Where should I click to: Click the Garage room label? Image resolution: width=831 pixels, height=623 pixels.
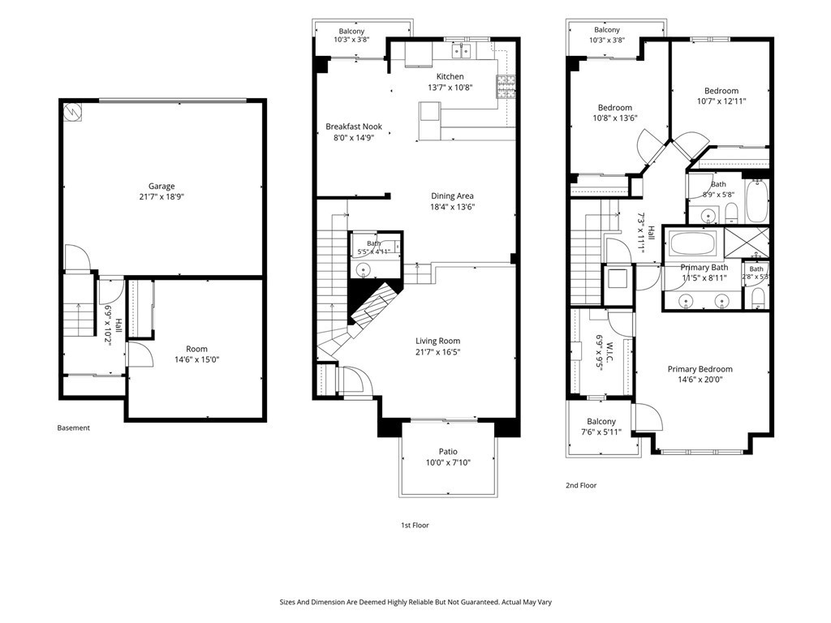[x=161, y=186]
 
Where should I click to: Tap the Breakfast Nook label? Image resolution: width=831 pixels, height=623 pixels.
[x=354, y=127]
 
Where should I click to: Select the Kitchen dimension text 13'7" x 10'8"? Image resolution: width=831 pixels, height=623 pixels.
[x=450, y=88]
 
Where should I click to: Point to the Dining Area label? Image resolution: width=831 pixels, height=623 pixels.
[x=452, y=196]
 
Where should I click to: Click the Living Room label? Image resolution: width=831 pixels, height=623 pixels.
[x=437, y=342]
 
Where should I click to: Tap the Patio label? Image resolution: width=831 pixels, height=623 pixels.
[x=448, y=452]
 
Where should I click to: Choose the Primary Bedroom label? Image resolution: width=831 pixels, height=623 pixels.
[x=700, y=369]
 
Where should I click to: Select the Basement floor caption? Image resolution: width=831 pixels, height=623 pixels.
[x=74, y=428]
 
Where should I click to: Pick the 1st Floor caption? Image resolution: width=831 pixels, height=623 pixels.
[x=415, y=526]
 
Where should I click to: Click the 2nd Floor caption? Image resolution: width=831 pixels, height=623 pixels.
[x=581, y=485]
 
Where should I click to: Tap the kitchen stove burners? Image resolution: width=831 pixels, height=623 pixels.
[x=505, y=87]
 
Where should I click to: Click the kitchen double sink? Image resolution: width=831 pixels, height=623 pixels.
[x=462, y=51]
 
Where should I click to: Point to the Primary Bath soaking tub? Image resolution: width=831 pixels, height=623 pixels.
[x=693, y=243]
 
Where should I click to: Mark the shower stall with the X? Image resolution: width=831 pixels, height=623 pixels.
[x=747, y=243]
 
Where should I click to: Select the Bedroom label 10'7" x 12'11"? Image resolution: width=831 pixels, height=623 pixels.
[x=721, y=96]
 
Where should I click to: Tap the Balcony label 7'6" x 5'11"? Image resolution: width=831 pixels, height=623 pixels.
[x=601, y=427]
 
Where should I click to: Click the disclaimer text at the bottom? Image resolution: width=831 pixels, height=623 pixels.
[x=415, y=603]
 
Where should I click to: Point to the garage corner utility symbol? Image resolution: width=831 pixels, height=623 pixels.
[x=71, y=112]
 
